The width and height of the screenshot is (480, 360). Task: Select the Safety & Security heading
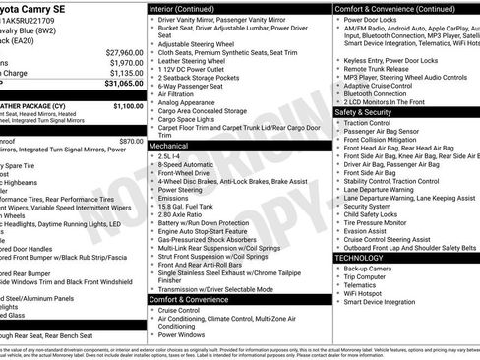(369, 112)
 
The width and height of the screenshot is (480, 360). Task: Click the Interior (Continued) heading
(191, 8)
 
